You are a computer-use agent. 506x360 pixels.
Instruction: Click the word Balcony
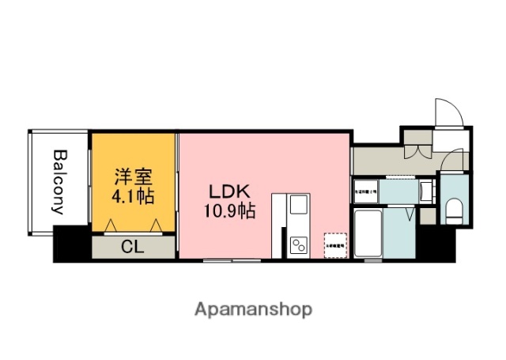pos(59,182)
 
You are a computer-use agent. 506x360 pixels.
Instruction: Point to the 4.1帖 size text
pos(133,195)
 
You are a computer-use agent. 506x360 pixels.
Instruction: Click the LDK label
pos(229,192)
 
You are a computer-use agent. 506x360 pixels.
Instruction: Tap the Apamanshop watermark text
pos(252,309)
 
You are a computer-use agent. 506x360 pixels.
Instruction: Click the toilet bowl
pos(454,210)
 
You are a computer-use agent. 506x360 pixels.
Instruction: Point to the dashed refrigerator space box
pos(334,244)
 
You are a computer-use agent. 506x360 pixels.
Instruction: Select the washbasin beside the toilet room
pos(427,191)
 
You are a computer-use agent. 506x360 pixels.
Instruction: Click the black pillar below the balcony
pos(71,244)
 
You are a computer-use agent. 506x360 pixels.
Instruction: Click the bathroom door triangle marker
pos(410,214)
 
